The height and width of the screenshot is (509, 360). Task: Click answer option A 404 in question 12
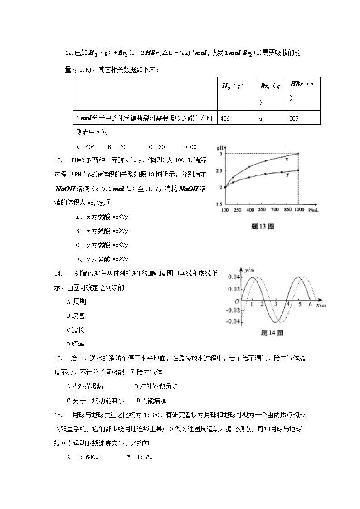point(86,147)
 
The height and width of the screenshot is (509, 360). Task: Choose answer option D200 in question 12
point(190,147)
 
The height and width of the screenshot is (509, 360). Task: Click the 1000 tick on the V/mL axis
point(298,211)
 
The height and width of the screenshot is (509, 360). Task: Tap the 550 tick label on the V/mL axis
point(262,211)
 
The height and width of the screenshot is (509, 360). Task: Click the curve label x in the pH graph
point(287,158)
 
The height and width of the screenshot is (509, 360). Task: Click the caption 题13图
point(262,227)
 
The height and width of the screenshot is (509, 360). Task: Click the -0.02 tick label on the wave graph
point(233,310)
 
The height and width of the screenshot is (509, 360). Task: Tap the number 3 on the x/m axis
point(275,305)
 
